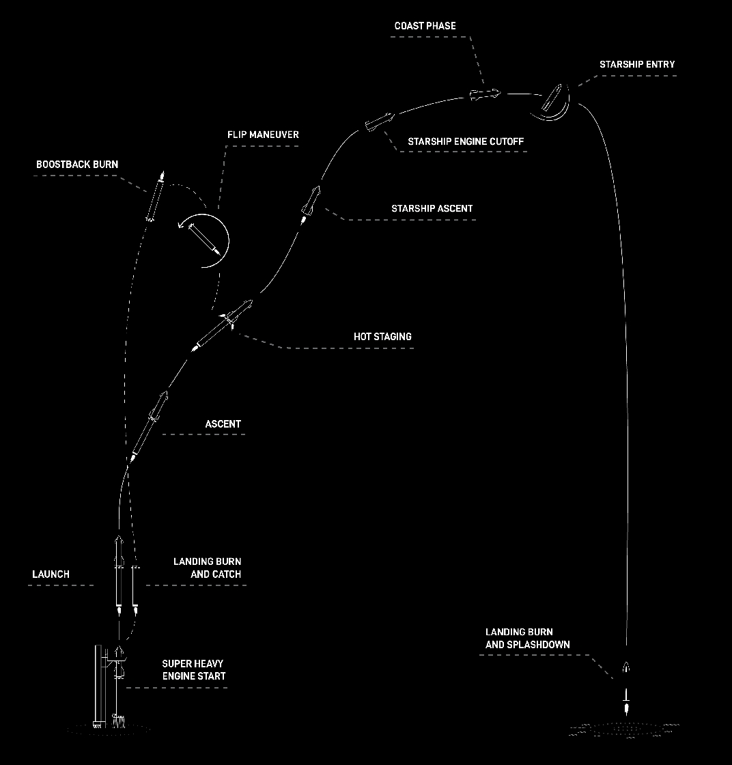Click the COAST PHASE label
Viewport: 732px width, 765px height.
click(425, 26)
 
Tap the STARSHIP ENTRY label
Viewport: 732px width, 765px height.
click(637, 64)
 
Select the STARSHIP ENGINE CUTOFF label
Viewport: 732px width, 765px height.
click(466, 141)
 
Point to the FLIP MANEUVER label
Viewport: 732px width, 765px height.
click(263, 135)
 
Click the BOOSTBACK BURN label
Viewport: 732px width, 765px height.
click(77, 165)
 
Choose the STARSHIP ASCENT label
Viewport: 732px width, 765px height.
click(432, 209)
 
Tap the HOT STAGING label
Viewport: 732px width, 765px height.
click(382, 337)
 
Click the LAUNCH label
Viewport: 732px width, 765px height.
click(51, 574)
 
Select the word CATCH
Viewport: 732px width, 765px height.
click(225, 574)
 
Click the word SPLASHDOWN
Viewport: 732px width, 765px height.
click(538, 645)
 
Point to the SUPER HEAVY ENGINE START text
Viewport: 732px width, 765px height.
click(194, 670)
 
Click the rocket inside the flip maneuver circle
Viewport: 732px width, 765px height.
click(204, 240)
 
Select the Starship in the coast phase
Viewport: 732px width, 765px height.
click(485, 94)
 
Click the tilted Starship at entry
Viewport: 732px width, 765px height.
click(552, 98)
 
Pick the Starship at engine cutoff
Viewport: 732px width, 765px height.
click(380, 122)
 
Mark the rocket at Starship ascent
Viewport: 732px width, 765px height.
click(311, 204)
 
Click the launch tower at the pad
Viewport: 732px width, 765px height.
click(98, 686)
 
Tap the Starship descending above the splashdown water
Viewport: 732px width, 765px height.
click(627, 667)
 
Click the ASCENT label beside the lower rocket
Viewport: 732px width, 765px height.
click(223, 424)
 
